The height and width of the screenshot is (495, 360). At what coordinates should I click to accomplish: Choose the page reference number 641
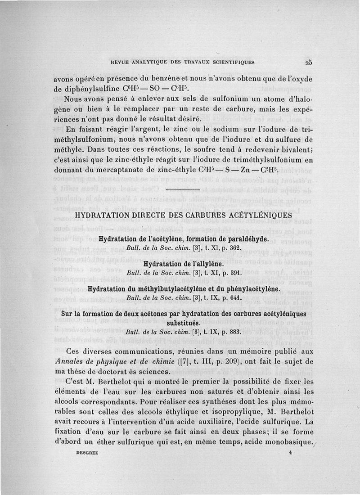(x=239, y=298)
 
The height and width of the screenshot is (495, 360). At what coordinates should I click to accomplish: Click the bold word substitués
(x=184, y=323)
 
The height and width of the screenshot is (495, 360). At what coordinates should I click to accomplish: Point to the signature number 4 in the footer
(x=290, y=454)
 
